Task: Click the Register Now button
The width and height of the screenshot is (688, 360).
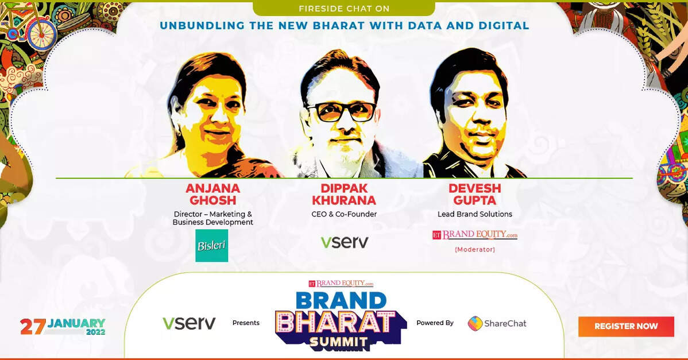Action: click(x=626, y=326)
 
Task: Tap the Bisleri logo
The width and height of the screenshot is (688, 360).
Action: click(x=211, y=246)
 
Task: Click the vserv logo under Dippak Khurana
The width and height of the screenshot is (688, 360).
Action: click(x=345, y=242)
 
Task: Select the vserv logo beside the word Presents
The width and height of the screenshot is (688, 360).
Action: click(x=189, y=323)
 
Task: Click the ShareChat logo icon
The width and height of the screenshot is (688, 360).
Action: click(x=475, y=324)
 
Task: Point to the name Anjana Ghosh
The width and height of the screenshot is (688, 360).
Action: click(x=212, y=194)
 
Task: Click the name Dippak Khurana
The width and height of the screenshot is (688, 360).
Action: click(x=344, y=194)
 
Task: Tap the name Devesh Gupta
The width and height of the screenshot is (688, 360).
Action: click(x=475, y=194)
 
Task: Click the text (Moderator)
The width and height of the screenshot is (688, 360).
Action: click(x=475, y=250)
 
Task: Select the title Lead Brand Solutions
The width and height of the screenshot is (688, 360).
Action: click(x=475, y=214)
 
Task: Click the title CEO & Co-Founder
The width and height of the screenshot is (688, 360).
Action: click(x=344, y=214)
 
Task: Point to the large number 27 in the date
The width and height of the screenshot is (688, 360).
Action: click(x=33, y=327)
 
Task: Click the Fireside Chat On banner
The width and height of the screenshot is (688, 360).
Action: click(x=344, y=9)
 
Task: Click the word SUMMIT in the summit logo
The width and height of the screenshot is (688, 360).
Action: click(x=339, y=342)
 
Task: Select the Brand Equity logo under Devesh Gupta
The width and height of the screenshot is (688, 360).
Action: click(x=475, y=235)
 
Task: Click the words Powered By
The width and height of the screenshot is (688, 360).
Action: click(x=435, y=323)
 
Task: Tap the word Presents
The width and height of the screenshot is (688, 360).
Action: click(x=246, y=323)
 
